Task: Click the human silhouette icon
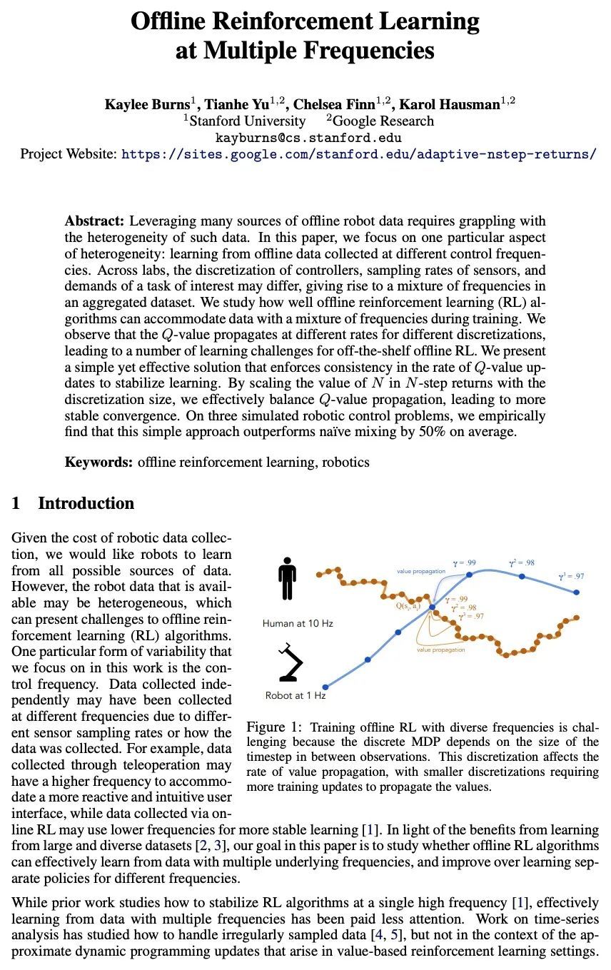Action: (x=287, y=582)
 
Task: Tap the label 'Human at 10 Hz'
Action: (x=297, y=623)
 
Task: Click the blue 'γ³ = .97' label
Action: (x=570, y=577)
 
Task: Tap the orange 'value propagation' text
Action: (x=440, y=650)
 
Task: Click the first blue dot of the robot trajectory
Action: (x=325, y=687)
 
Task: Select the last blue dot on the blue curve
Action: (x=577, y=592)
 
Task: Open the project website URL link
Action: (x=358, y=153)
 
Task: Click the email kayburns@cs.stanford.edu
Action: (x=308, y=137)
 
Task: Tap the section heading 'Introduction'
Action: (x=86, y=503)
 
